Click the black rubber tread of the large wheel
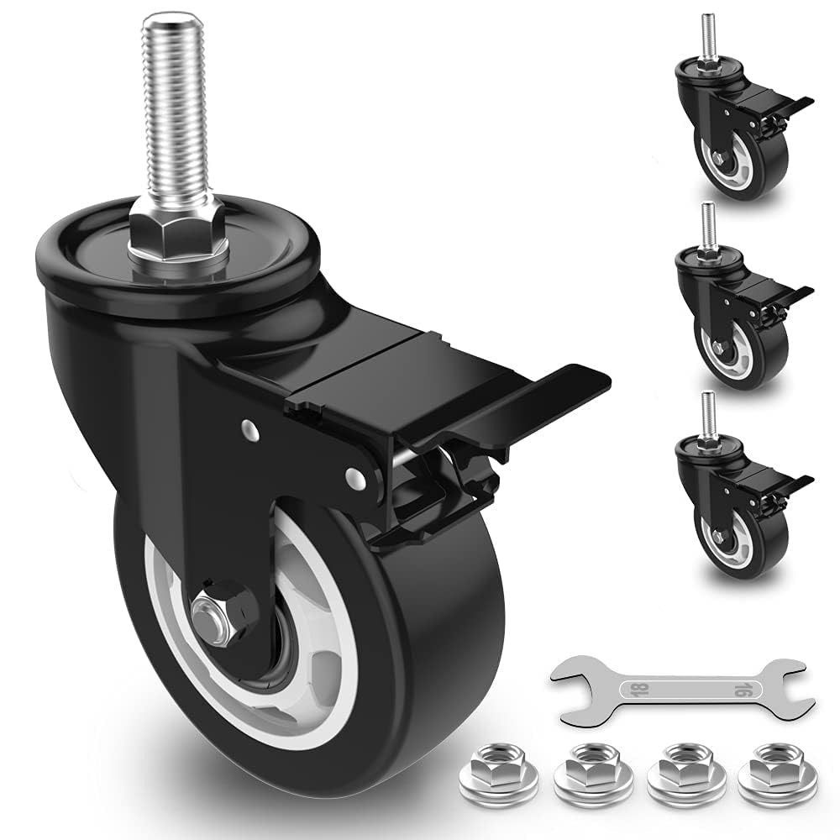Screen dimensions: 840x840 (x=437, y=672)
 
